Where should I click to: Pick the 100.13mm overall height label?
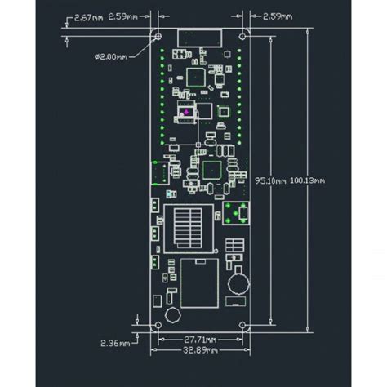308,180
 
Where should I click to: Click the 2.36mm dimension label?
115,343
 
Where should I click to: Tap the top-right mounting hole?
242,36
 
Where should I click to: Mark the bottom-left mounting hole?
156,325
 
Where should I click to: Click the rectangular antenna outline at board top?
199,38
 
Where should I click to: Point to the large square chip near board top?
196,77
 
